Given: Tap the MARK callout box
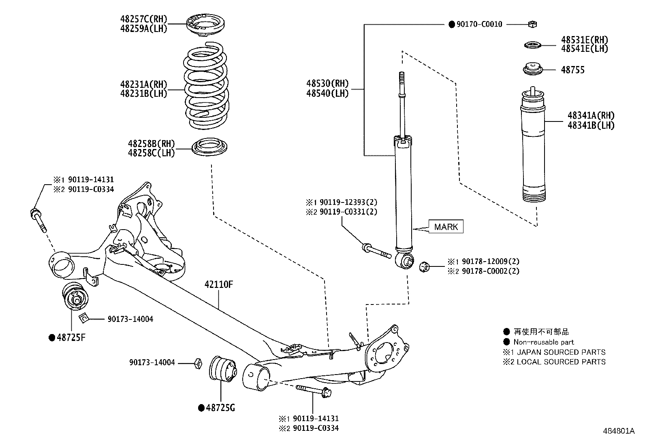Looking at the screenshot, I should [x=446, y=227].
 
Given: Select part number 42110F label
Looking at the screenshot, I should [x=219, y=285].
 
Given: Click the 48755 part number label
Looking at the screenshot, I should [x=572, y=70].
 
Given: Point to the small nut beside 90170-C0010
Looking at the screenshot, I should [x=532, y=25].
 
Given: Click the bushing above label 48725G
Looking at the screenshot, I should [x=224, y=368].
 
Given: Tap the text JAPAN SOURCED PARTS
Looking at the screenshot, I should [x=561, y=352].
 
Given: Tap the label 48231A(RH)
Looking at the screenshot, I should [x=143, y=85].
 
